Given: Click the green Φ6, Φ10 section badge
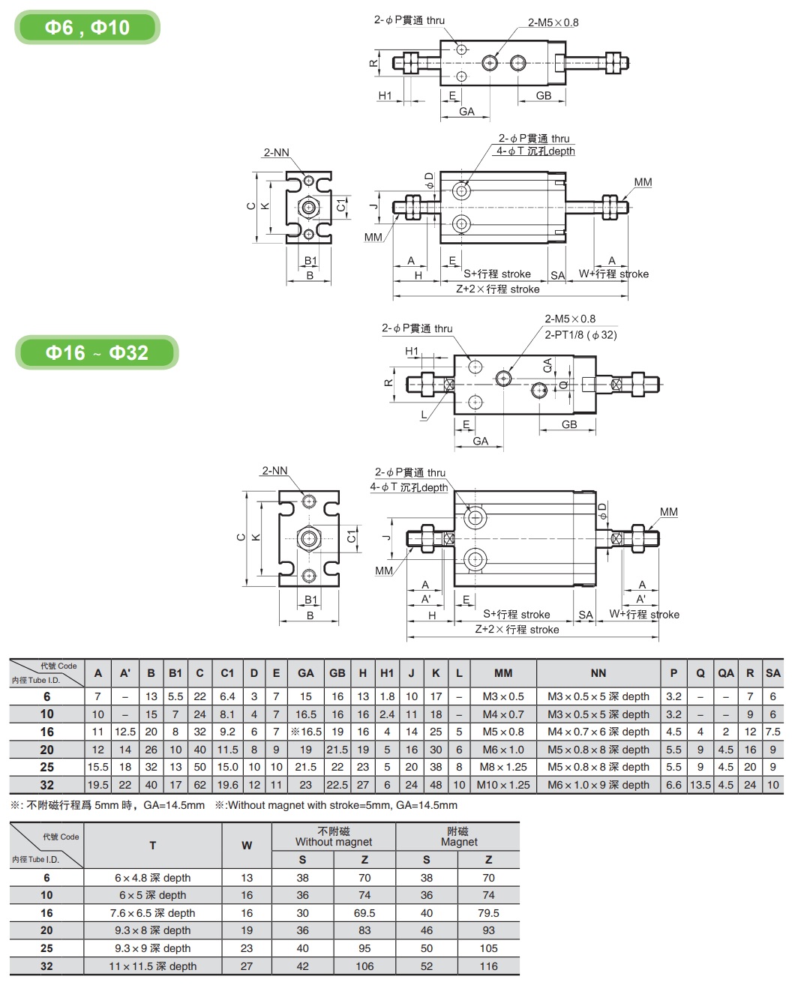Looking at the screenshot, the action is (87, 28).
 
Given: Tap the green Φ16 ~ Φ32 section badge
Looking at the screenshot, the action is (97, 352).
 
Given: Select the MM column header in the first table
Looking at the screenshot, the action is (503, 673).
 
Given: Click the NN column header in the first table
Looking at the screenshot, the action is (598, 673).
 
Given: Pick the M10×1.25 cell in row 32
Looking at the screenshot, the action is (503, 785).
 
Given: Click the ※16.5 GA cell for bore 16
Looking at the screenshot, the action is (305, 732).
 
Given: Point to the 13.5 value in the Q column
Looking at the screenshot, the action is (700, 785).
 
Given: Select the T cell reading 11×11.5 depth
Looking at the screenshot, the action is (152, 966).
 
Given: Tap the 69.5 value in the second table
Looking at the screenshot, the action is (364, 913).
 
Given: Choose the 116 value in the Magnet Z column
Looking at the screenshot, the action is (488, 966).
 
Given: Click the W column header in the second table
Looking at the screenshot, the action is (247, 846).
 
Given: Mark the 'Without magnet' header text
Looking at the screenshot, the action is (334, 842).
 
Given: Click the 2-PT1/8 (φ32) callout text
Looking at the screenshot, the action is (580, 334).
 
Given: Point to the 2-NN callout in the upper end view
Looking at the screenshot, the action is (276, 152).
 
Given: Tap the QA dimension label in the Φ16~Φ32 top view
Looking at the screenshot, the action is (547, 366).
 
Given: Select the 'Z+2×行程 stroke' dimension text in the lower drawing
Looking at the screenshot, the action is (517, 629).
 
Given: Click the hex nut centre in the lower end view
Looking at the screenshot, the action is (309, 538).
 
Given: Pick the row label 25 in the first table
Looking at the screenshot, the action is (46, 767).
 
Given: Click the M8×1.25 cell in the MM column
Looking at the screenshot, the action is (503, 767).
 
